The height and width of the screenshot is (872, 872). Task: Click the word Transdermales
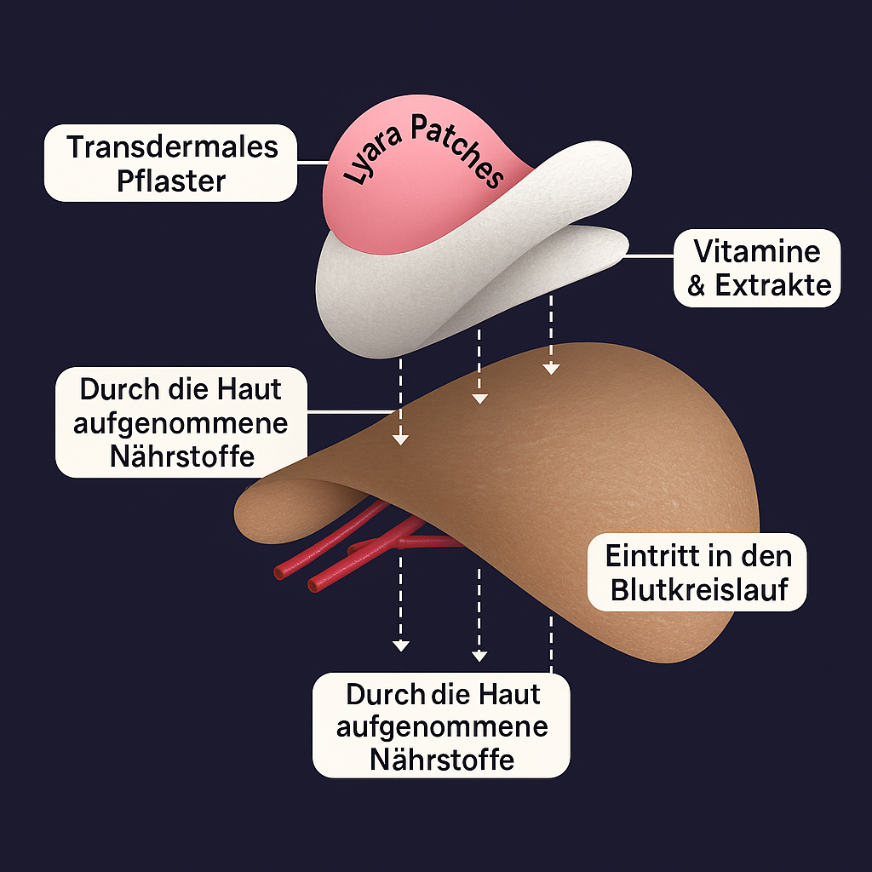[172, 146]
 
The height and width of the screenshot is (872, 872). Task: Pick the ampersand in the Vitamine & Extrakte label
[697, 286]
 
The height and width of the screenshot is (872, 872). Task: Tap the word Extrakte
[773, 286]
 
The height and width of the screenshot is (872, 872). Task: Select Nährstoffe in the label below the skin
[442, 759]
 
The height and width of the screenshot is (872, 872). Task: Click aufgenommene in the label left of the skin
[181, 423]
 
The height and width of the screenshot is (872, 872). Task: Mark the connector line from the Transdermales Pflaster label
[313, 162]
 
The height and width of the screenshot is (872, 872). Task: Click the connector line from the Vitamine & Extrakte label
[651, 255]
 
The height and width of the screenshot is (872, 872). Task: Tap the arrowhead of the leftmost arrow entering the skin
[400, 439]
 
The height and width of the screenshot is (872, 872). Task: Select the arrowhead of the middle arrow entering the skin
[479, 398]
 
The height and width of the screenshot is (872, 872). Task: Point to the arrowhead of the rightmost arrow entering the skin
[551, 369]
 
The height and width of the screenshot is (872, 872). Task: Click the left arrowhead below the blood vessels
[400, 646]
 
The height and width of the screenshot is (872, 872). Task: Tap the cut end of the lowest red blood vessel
[314, 586]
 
